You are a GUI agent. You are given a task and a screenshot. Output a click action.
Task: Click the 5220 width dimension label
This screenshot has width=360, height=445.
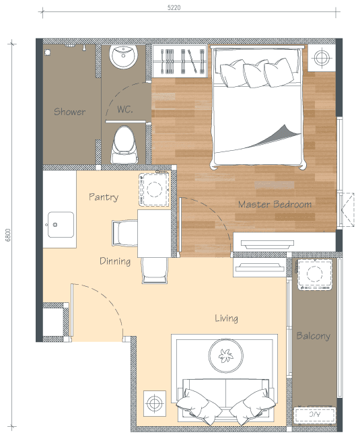point(174,7)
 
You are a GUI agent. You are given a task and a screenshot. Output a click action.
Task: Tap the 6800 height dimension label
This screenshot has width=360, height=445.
point(8,235)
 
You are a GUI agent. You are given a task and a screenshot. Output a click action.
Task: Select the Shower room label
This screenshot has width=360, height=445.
point(69,112)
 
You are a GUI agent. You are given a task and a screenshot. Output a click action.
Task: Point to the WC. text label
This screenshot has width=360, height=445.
point(125,109)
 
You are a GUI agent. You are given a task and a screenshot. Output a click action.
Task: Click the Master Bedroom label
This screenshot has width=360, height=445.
point(275,204)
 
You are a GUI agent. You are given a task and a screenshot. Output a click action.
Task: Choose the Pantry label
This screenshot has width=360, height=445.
point(104,197)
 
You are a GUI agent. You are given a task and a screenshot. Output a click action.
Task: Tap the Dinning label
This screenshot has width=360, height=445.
point(115,261)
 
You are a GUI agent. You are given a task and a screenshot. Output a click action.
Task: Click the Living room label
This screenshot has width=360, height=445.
point(226,318)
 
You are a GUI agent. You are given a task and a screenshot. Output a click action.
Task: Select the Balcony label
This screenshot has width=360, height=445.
point(313,336)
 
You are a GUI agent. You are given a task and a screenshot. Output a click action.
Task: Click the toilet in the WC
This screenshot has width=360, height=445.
point(124,145)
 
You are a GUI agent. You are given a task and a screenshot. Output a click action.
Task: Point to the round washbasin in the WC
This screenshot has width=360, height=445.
point(124,57)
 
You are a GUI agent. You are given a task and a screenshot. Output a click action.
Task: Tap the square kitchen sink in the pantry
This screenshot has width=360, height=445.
point(61,224)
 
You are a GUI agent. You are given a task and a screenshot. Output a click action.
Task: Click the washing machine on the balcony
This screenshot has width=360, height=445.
point(314,274)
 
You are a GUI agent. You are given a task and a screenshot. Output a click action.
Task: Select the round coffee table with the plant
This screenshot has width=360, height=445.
point(226,355)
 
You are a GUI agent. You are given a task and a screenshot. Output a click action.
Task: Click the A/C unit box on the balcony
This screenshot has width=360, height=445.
point(314,415)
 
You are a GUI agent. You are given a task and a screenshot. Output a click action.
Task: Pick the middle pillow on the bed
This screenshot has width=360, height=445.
point(256,73)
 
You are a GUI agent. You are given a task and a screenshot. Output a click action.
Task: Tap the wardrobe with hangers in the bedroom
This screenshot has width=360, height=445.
point(180,61)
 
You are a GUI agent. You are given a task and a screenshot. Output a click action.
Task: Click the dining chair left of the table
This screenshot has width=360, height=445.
point(125,233)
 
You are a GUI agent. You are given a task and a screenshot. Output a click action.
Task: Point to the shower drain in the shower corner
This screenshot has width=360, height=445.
point(48,53)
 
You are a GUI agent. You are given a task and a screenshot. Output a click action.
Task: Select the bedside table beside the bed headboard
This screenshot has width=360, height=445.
point(322,58)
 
